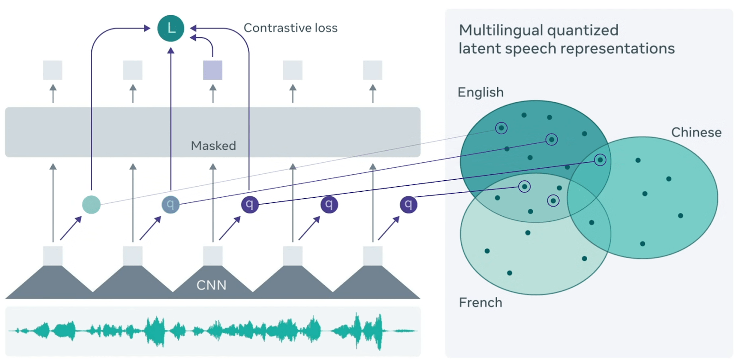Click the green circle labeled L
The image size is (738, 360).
[x=171, y=28]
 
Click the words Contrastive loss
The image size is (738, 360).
[x=290, y=28]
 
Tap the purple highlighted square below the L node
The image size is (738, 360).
[x=213, y=70]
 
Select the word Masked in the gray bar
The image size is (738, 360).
[x=213, y=146]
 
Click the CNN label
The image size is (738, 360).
[x=211, y=285]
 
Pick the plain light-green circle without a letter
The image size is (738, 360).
[x=91, y=205]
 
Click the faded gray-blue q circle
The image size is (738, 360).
[x=170, y=204]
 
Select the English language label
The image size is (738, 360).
[x=480, y=92]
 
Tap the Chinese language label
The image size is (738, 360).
[x=696, y=132]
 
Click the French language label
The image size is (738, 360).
[x=480, y=302]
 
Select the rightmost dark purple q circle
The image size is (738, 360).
[x=408, y=204]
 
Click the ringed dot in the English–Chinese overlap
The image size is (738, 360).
[x=600, y=160]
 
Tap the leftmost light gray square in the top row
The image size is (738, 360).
[x=53, y=70]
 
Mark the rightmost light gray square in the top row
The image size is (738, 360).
[x=373, y=70]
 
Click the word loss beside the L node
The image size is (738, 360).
[x=326, y=28]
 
